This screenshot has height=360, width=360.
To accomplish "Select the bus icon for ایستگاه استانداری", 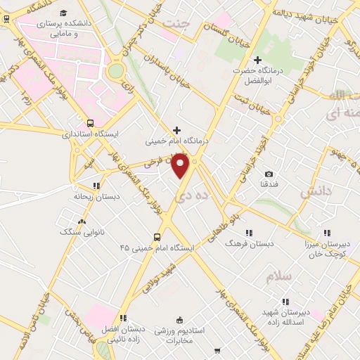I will click(x=90, y=122).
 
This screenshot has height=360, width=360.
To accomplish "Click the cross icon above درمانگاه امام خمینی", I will click(x=176, y=130).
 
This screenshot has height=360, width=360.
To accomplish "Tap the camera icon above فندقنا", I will click(x=269, y=174).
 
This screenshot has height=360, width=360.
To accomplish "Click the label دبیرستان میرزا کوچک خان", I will click(x=326, y=247).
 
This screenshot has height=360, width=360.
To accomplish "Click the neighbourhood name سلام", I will click(x=278, y=276).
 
